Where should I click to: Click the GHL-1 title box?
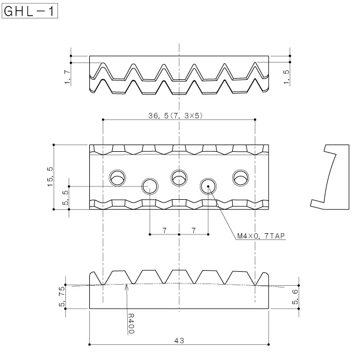30,11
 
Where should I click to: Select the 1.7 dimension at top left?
68,78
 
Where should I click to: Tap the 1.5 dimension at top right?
286,77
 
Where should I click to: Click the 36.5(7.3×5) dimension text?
175,116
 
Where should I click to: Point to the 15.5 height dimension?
50,177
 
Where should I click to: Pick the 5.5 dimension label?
66,198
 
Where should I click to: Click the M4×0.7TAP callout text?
261,236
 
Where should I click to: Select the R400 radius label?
131,323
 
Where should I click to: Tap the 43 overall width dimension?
179,340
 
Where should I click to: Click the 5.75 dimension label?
62,296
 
